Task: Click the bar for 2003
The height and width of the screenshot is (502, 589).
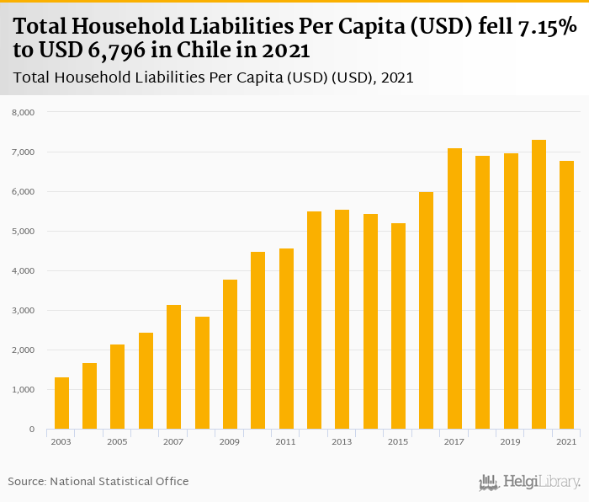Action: (61, 403)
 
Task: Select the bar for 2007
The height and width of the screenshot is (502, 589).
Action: (173, 367)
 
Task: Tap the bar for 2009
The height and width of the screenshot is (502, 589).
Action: (230, 355)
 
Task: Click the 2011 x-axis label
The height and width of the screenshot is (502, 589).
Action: (285, 442)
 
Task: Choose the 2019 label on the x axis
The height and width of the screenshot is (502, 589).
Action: (510, 442)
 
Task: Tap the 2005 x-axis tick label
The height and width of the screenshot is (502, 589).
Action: (117, 442)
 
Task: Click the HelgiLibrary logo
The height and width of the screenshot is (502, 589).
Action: (530, 483)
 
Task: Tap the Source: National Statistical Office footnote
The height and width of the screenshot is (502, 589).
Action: (98, 481)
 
